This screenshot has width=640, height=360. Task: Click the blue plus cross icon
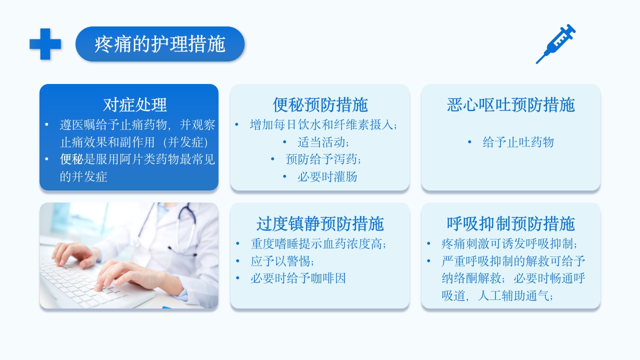pyautogui.click(x=45, y=44)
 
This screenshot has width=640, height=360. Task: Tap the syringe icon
pyautogui.click(x=555, y=44)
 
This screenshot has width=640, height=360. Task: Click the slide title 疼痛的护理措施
pyautogui.click(x=160, y=44)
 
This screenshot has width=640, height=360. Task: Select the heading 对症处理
pyautogui.click(x=134, y=104)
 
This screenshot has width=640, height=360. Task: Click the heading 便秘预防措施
pyautogui.click(x=320, y=104)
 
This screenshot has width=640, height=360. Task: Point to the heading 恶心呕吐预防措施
pyautogui.click(x=510, y=104)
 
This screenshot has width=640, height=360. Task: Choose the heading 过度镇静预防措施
pyautogui.click(x=320, y=223)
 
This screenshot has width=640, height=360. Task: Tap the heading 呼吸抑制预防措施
pyautogui.click(x=510, y=223)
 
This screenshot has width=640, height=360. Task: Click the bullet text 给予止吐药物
pyautogui.click(x=518, y=142)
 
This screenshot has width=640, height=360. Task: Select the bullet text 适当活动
pyautogui.click(x=323, y=142)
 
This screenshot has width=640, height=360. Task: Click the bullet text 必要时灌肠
pyautogui.click(x=327, y=176)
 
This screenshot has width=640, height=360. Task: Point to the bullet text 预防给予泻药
pyautogui.click(x=323, y=159)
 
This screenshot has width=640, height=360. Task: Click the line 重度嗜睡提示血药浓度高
pyautogui.click(x=319, y=244)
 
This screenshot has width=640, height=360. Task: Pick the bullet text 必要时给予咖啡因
pyautogui.click(x=298, y=278)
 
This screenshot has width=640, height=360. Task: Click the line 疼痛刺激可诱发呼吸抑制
pyautogui.click(x=509, y=244)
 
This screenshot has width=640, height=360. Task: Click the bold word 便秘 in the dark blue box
pyautogui.click(x=71, y=159)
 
